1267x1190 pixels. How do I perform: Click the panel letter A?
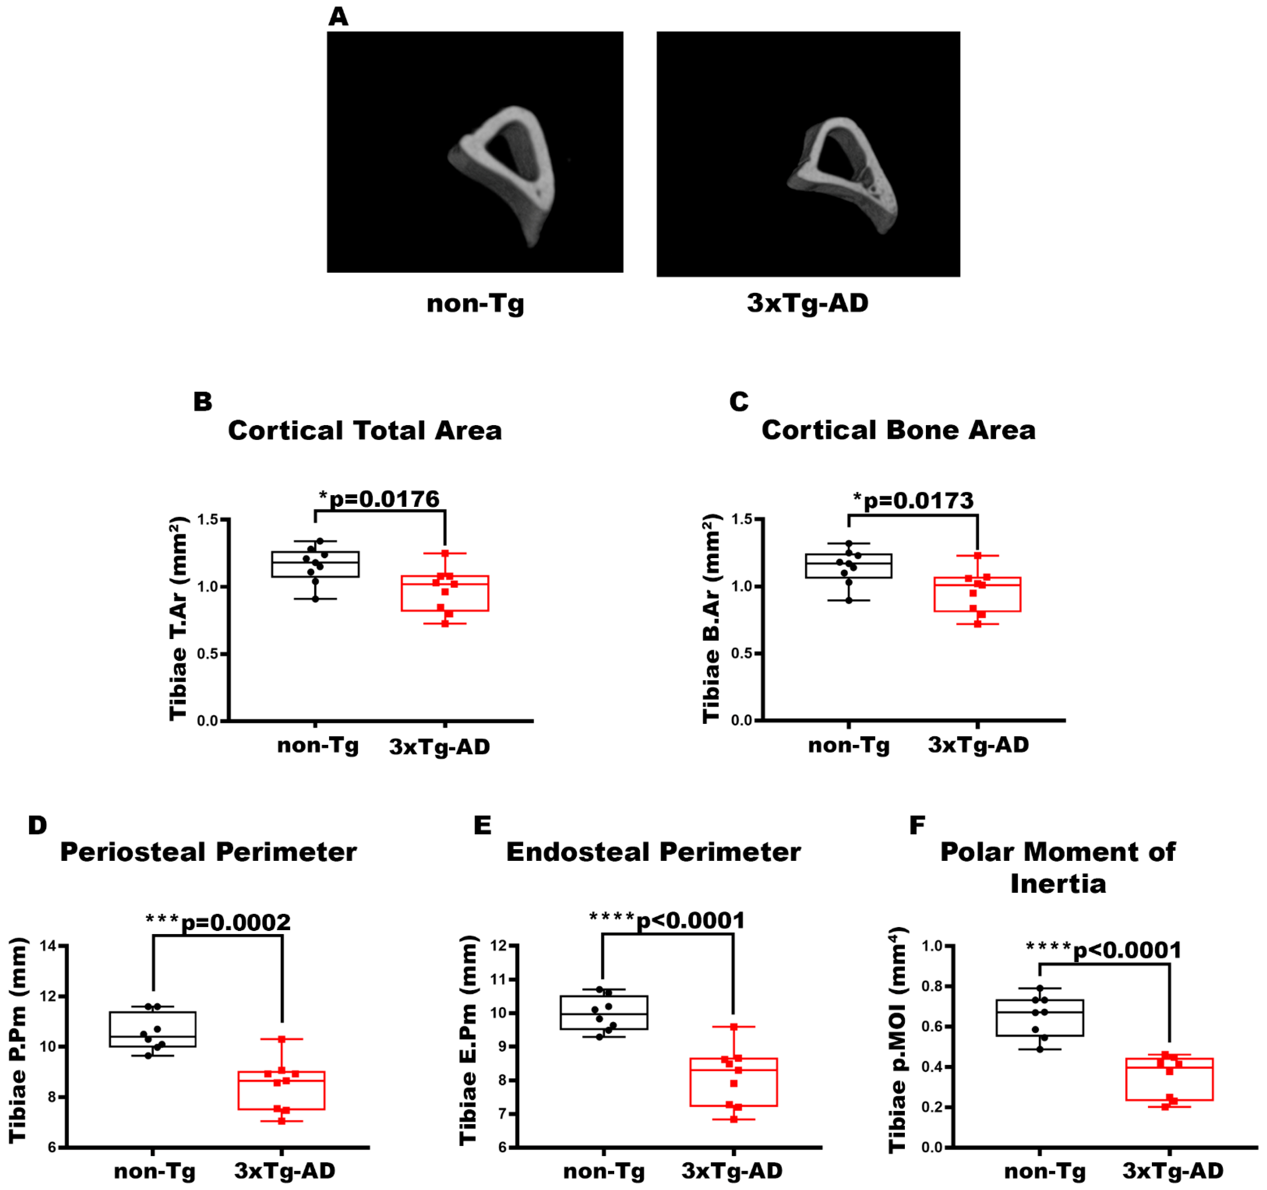pyautogui.click(x=339, y=17)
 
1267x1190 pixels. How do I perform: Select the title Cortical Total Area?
pyautogui.click(x=365, y=431)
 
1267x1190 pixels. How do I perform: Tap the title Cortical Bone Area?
pyautogui.click(x=898, y=430)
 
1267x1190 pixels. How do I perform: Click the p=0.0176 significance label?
pyautogui.click(x=379, y=499)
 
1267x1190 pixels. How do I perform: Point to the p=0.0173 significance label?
pyautogui.click(x=913, y=501)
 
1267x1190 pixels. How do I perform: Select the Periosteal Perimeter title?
pyautogui.click(x=208, y=852)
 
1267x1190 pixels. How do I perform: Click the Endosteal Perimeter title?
pyautogui.click(x=653, y=852)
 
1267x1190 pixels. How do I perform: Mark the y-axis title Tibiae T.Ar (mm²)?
pyautogui.click(x=179, y=618)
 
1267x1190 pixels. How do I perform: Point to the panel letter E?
pyautogui.click(x=482, y=825)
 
